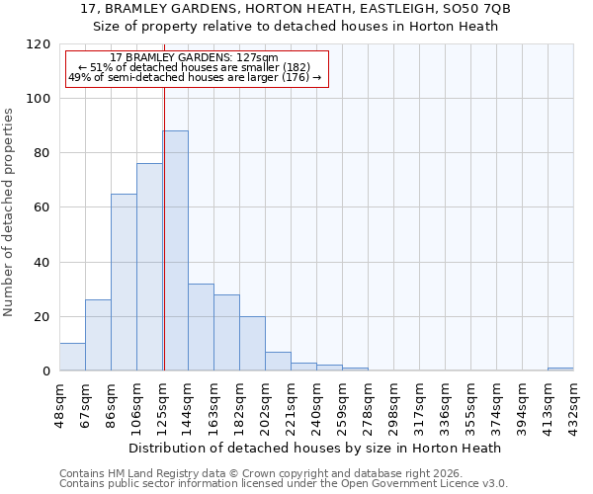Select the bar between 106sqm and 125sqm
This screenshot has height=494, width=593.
(x=149, y=267)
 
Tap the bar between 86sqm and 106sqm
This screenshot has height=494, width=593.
(x=124, y=282)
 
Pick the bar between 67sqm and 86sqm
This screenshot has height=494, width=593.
(x=98, y=335)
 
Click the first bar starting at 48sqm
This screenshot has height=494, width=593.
(x=72, y=357)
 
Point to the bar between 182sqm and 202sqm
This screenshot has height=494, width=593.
(x=252, y=344)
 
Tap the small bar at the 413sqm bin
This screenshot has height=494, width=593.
(x=560, y=369)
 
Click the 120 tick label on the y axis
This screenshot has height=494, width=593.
(x=39, y=44)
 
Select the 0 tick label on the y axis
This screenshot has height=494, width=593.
(x=46, y=370)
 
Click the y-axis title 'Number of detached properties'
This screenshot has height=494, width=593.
(x=9, y=212)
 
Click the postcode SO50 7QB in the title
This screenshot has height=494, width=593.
(x=475, y=9)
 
